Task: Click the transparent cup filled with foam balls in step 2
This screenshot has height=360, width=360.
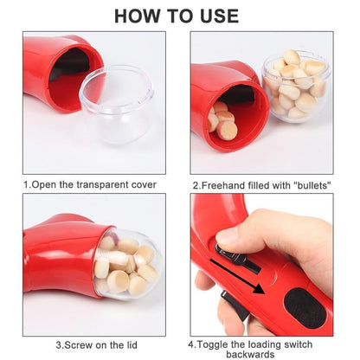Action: (297, 86)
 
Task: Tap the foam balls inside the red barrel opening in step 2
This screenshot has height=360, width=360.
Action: (224, 121)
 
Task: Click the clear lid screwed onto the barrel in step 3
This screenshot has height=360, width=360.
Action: (124, 267)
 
